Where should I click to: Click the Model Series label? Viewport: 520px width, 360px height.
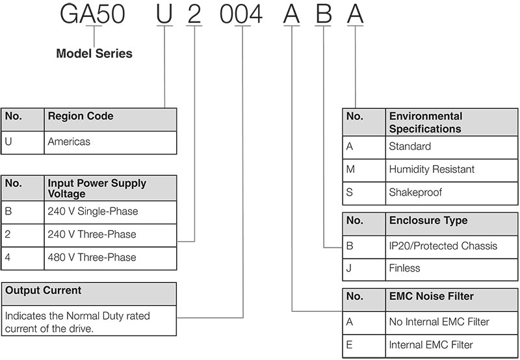[94, 53]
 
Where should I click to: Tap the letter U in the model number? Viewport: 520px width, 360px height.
[164, 14]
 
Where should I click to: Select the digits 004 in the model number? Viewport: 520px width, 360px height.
[241, 14]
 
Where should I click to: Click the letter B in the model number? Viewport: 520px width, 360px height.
[323, 14]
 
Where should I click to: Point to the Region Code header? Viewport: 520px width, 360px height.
[81, 116]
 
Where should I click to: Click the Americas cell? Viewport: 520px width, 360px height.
[69, 142]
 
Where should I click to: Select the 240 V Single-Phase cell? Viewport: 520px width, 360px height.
[93, 211]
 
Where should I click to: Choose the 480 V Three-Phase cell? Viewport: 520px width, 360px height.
[92, 257]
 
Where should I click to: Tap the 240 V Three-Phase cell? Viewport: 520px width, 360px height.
[92, 235]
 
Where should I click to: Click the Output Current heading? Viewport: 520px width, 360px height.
[43, 290]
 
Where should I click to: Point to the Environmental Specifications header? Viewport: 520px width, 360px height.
[426, 122]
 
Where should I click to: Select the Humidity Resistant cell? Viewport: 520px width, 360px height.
[432, 169]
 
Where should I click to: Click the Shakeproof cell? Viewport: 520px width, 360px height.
[415, 192]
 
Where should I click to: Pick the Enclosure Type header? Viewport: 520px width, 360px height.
[428, 220]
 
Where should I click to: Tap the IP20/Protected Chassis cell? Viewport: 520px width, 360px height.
[443, 246]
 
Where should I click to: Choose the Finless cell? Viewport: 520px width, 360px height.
[404, 268]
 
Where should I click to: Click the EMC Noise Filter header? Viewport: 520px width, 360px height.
[432, 296]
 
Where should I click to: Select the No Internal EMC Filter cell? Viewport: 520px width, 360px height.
[439, 322]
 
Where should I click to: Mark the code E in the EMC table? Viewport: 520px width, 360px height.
[349, 345]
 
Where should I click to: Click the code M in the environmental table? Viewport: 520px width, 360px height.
[350, 169]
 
